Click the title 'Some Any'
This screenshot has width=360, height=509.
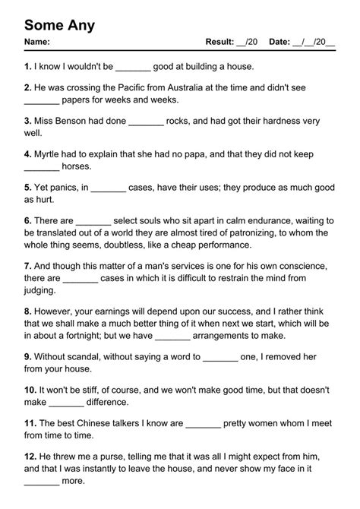click(x=59, y=25)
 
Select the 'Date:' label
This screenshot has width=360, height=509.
click(x=279, y=42)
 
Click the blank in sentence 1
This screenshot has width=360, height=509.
click(x=134, y=68)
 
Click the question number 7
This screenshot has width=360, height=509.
click(x=27, y=266)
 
